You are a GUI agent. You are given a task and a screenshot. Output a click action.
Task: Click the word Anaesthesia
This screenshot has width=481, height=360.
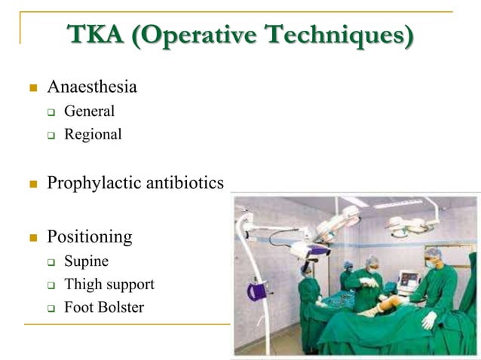92,87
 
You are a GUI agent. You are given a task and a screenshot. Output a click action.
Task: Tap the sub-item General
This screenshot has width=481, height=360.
89,111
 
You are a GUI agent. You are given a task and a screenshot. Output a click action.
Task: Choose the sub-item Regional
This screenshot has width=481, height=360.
93,135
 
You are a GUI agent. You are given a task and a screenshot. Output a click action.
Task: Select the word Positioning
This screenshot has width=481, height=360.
89,236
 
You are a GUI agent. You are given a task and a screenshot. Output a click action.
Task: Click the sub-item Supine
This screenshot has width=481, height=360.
86,261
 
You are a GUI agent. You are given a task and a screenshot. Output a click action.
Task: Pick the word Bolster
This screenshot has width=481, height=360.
119,307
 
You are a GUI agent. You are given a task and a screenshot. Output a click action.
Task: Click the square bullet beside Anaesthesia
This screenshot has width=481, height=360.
33,88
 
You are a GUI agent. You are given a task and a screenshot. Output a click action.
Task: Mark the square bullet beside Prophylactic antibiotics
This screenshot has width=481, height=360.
33,184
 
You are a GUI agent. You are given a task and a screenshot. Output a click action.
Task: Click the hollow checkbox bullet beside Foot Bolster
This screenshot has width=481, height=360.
52,308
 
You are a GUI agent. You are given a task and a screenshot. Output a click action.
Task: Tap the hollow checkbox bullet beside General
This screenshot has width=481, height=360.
52,112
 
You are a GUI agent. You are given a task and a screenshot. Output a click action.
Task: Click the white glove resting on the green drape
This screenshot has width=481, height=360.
429,320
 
